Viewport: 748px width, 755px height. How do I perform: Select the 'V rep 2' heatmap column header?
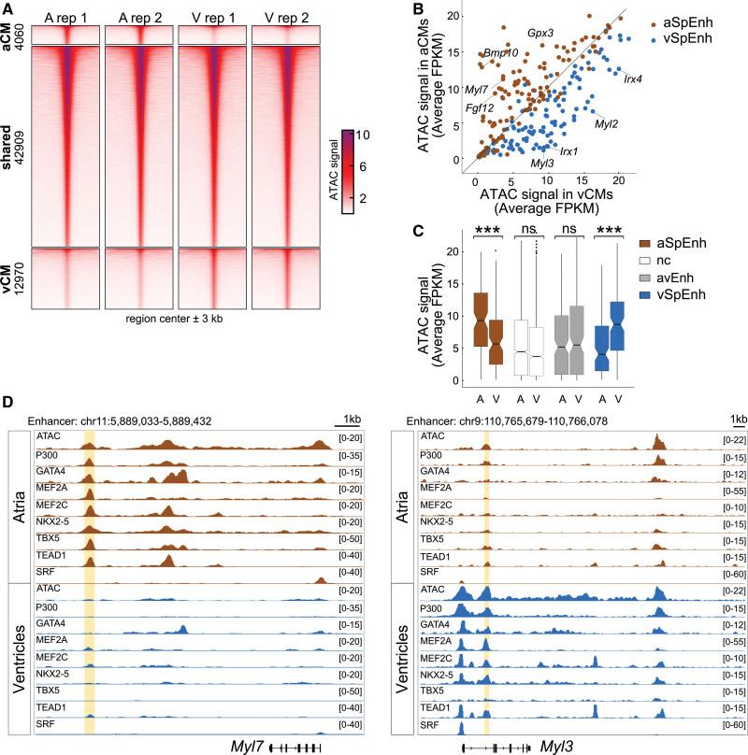click(286, 16)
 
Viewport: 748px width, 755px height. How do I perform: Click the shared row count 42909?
click(20, 147)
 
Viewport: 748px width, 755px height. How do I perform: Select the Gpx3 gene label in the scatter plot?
click(539, 32)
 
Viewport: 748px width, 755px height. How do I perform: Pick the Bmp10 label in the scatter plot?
click(501, 53)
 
